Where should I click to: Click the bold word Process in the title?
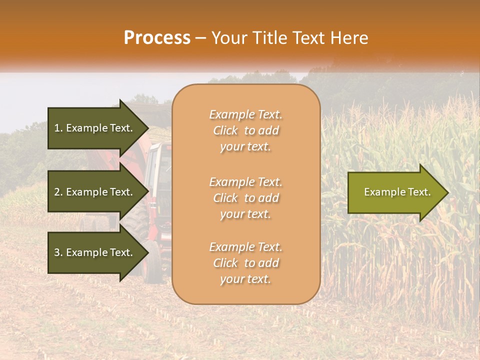[157, 38]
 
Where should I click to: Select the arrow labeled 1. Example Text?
[95, 128]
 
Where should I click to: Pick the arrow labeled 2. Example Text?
[95, 192]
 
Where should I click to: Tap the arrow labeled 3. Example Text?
[95, 252]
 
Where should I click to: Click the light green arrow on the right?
[395, 192]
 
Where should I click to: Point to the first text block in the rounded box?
[245, 130]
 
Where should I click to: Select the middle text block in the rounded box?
[245, 198]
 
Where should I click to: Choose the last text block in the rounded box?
[245, 263]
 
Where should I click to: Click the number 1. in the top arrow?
[58, 128]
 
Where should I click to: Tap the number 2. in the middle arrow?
[58, 192]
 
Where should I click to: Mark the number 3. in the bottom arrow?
[58, 252]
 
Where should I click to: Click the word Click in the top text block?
[225, 130]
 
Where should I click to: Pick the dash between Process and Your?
[201, 38]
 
